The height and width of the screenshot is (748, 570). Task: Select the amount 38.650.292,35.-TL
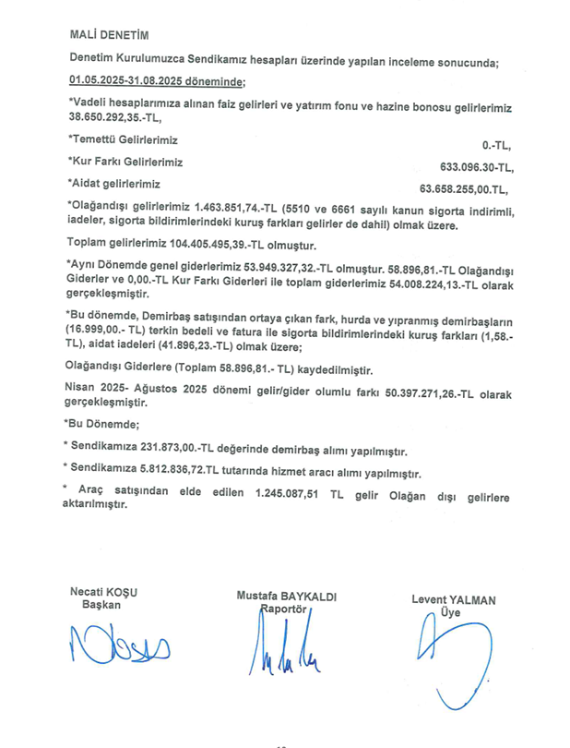pos(117,120)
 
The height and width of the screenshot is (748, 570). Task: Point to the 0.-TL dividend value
pos(495,146)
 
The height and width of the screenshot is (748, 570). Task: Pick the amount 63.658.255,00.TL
pos(463,189)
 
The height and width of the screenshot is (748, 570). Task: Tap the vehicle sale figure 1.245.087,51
pos(294,493)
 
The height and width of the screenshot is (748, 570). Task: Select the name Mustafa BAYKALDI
pos(287,597)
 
